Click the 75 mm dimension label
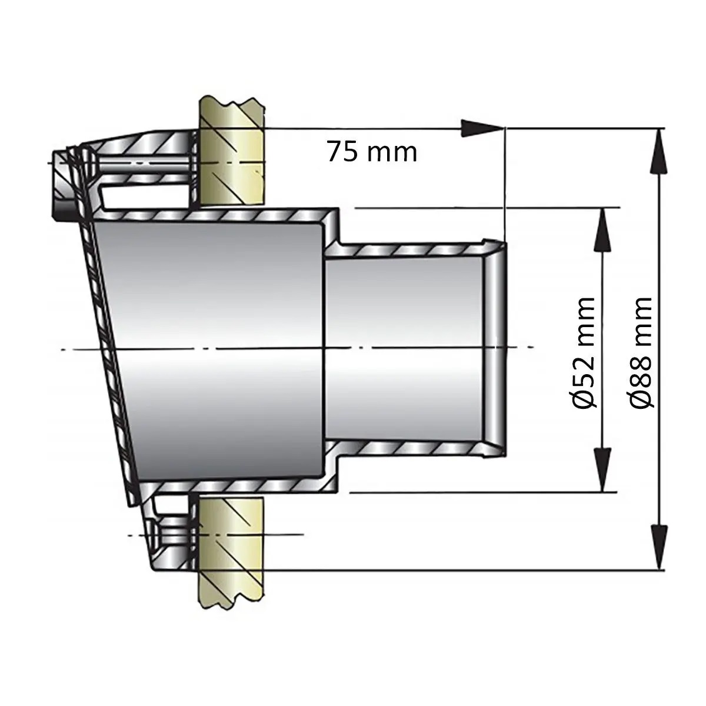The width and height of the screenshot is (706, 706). coord(372,152)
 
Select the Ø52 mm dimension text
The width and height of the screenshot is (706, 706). coord(584,352)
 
